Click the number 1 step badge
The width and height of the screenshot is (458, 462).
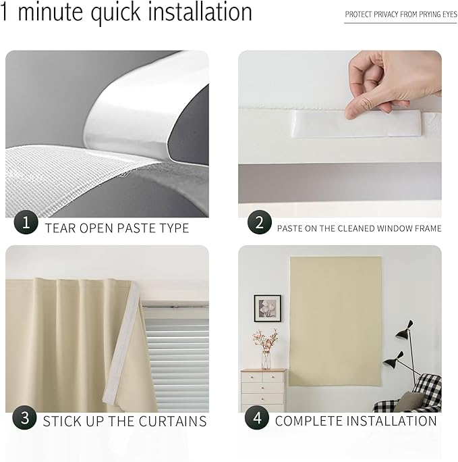tap(26, 223)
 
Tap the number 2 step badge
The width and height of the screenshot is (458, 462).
tap(259, 223)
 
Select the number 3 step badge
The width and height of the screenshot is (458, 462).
tap(26, 418)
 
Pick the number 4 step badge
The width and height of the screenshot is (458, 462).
tap(257, 418)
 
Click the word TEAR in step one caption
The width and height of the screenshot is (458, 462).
tap(59, 228)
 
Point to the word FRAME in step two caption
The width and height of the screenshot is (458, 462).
tap(425, 228)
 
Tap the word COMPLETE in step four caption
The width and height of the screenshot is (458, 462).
tap(309, 421)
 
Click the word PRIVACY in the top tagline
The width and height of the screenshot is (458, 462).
tap(391, 14)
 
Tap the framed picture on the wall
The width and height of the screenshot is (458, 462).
tap(267, 308)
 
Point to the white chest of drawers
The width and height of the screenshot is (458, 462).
tap(263, 390)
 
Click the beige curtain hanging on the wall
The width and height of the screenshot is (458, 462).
tap(335, 321)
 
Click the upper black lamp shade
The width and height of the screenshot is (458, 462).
tap(404, 330)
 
